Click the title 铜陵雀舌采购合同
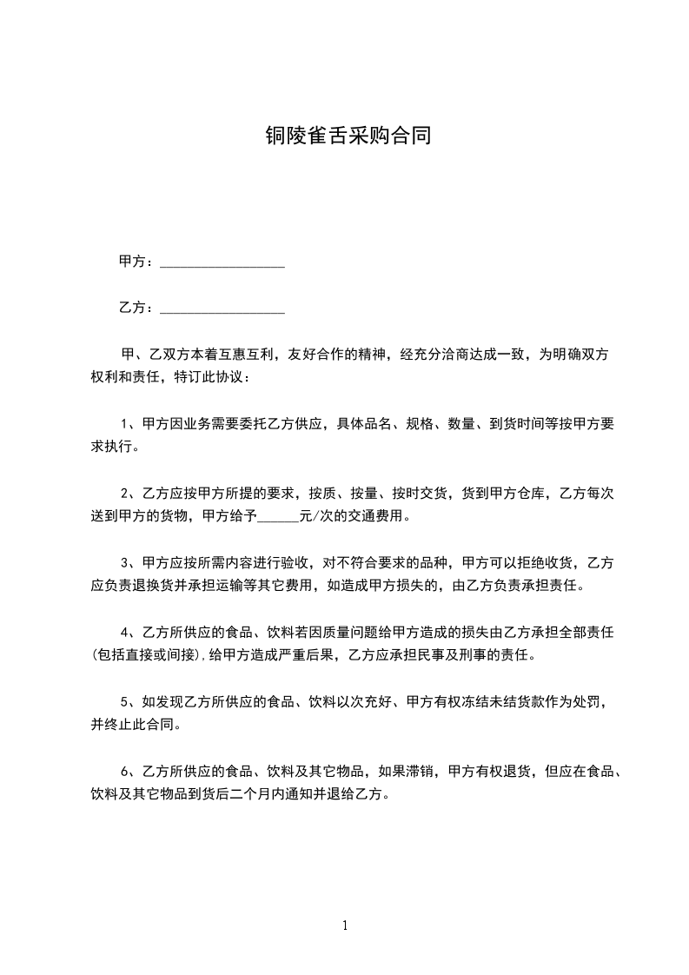click(348, 136)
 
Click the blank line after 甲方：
click(222, 263)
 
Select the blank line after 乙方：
click(222, 309)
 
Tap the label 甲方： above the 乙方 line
click(137, 262)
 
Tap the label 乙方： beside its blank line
click(137, 308)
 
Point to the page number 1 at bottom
click(345, 925)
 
